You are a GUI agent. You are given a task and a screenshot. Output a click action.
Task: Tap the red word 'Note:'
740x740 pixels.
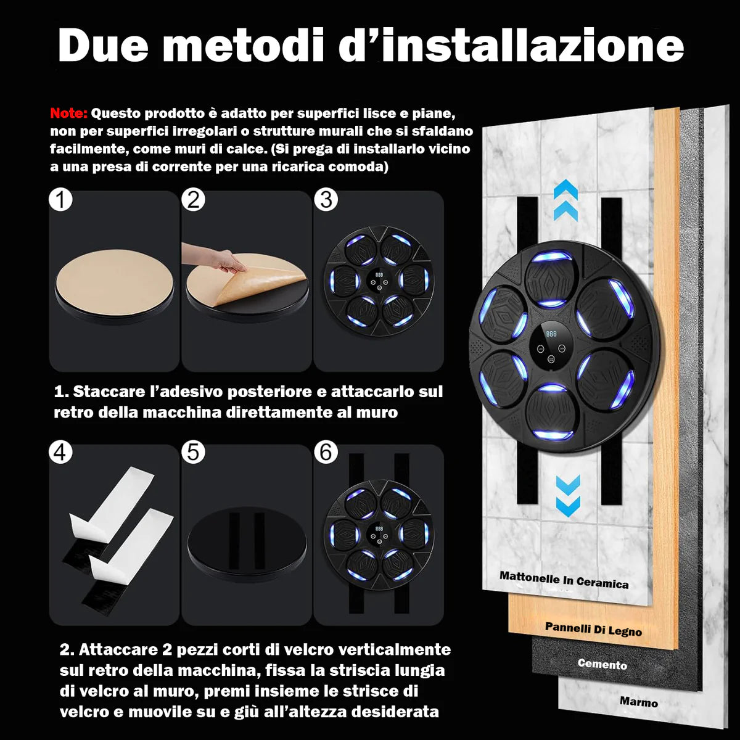[69, 113]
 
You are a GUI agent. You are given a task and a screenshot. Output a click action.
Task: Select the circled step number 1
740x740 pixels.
[60, 200]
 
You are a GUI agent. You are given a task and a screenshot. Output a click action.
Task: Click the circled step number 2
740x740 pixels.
[194, 200]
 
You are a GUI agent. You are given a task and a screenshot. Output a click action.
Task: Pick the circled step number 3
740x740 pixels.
[326, 200]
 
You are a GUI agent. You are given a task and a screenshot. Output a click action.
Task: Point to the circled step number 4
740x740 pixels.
[60, 453]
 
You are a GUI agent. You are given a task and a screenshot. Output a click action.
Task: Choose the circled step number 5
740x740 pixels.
[194, 453]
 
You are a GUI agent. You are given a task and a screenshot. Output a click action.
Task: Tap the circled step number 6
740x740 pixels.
[326, 453]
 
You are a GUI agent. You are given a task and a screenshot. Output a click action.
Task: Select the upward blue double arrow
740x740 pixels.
[565, 200]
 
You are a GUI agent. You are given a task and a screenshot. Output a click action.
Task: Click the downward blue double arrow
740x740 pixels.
[567, 495]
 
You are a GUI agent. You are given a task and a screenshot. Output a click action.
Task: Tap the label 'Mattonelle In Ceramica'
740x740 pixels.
[564, 580]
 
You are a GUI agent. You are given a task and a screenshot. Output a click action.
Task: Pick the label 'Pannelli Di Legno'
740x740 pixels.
[593, 629]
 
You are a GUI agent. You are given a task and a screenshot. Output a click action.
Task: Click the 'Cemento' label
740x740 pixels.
[602, 664]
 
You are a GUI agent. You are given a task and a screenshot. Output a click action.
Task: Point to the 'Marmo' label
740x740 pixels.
[638, 702]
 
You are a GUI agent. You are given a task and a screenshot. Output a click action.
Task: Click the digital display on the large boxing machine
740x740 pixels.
[551, 334]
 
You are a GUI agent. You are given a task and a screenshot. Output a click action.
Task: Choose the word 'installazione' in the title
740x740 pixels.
[512, 46]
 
